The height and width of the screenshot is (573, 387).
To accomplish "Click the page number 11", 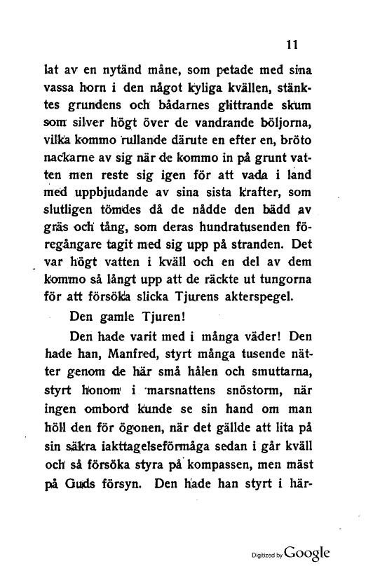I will point(294,44).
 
